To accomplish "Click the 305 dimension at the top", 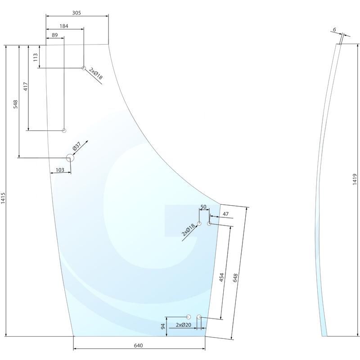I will point(76,13).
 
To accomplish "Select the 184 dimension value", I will point(64,26).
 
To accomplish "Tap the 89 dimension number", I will point(54,35).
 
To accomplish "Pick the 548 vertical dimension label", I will point(16,104).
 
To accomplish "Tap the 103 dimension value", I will point(59,170).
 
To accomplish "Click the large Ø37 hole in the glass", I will point(70,157).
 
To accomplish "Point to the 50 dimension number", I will point(203,207).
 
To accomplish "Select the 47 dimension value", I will point(225,214).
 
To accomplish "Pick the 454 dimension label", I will point(222,278).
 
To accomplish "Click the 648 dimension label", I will point(235,278).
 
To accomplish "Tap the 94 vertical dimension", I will point(163,326).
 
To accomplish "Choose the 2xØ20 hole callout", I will point(184,325).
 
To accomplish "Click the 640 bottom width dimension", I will point(139,346).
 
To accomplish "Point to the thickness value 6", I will point(334,30).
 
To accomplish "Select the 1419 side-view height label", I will point(355,180).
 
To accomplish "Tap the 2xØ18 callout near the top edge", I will point(96,74).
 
